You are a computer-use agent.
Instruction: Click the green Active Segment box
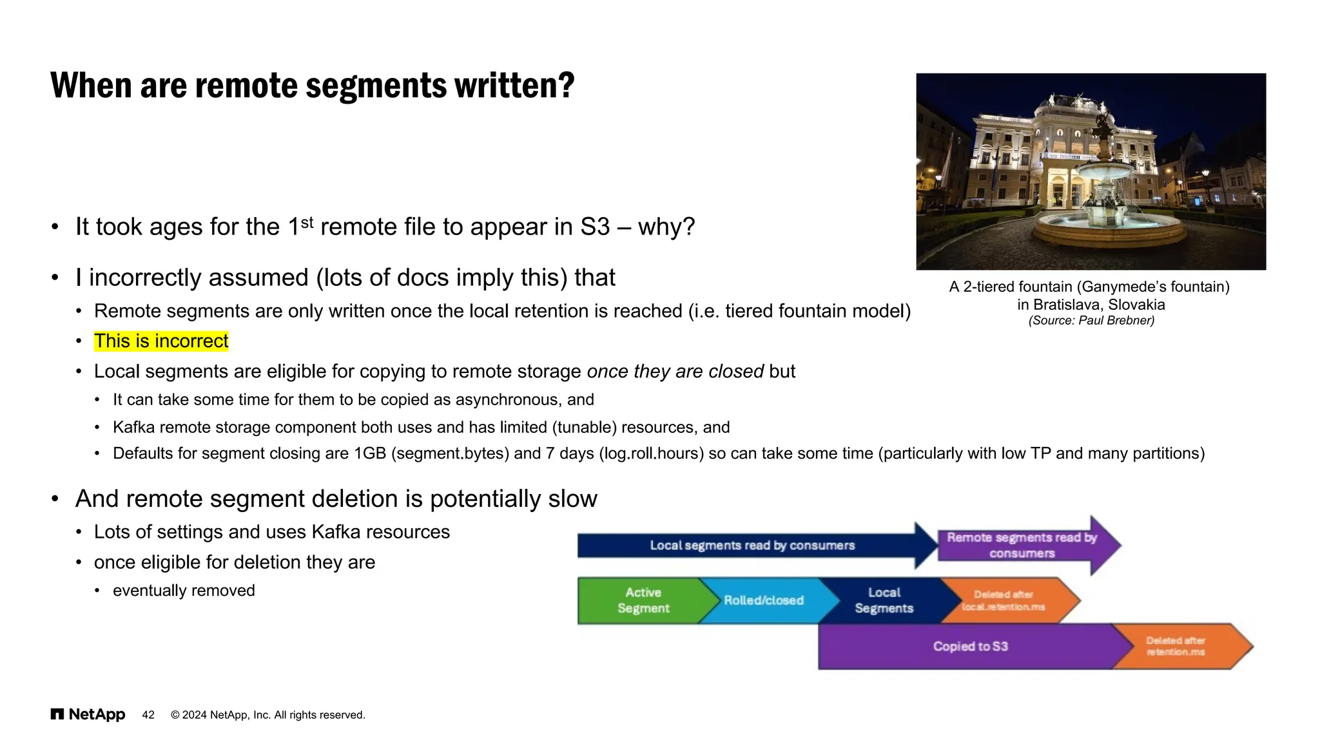(x=642, y=600)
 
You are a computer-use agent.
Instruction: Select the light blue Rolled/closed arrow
(x=764, y=600)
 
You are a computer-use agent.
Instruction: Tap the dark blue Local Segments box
(x=884, y=600)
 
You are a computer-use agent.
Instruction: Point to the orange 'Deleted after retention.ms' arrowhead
(x=1179, y=646)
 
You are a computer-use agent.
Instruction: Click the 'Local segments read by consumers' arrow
(x=752, y=546)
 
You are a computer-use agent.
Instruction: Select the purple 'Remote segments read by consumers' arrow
(x=1022, y=545)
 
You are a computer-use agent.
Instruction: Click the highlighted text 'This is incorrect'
(x=161, y=341)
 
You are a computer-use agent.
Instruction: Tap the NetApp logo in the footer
(x=88, y=714)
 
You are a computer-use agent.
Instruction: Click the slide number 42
(x=148, y=715)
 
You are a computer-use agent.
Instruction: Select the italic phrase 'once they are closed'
(x=675, y=371)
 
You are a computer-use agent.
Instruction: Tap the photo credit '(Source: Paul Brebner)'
(x=1091, y=320)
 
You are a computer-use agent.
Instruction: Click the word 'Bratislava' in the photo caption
(x=1067, y=305)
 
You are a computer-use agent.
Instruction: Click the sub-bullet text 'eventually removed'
(x=184, y=590)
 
